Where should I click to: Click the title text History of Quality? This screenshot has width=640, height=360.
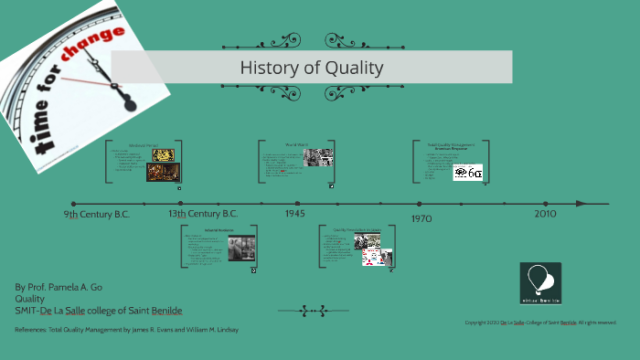311,68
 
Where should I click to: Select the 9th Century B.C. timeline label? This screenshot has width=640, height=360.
96,214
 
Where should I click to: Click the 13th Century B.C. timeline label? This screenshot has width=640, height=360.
202,214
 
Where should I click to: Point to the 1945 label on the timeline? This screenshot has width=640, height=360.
294,213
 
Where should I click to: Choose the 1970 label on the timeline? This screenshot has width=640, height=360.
421,218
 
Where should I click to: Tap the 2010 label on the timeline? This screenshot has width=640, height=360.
545,213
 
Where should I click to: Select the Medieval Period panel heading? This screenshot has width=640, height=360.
144,144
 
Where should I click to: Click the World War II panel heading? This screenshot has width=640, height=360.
295,144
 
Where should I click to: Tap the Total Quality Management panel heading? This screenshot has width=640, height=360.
451,145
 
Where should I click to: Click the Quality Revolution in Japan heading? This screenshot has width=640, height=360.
357,230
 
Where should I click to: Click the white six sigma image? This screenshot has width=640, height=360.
467,172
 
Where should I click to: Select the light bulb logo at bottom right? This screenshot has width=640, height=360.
540,281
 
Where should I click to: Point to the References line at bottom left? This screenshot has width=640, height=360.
126,329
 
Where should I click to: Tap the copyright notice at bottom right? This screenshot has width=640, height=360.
540,322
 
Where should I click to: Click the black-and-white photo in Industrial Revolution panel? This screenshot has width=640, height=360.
241,248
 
